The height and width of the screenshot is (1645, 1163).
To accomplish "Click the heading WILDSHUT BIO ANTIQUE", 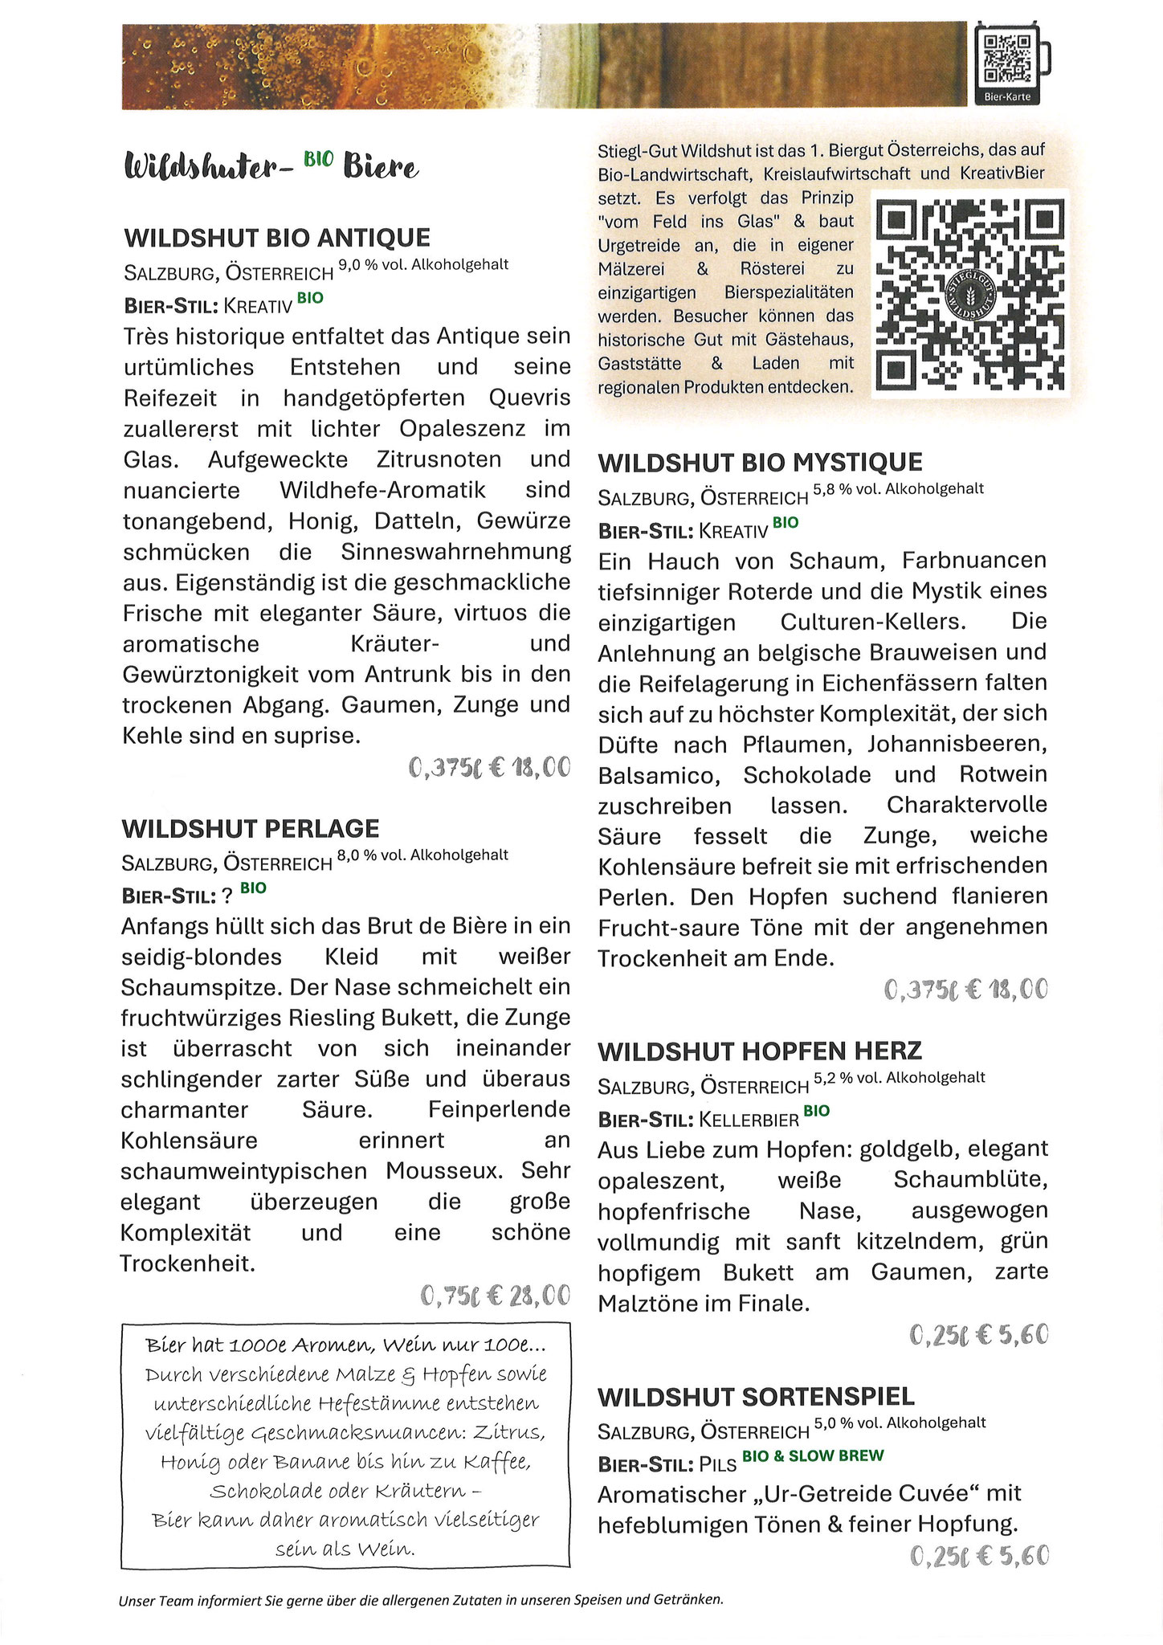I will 277,238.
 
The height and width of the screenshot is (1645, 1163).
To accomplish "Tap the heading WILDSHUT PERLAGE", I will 250,828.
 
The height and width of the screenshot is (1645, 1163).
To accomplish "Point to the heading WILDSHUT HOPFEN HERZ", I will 759,1051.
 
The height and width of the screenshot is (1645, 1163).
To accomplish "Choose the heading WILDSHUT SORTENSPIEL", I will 756,1396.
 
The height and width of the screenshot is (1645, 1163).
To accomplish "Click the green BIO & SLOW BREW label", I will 812,1455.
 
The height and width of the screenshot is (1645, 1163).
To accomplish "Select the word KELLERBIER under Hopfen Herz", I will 749,1120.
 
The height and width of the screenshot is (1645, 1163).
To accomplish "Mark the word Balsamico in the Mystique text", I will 655,775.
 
